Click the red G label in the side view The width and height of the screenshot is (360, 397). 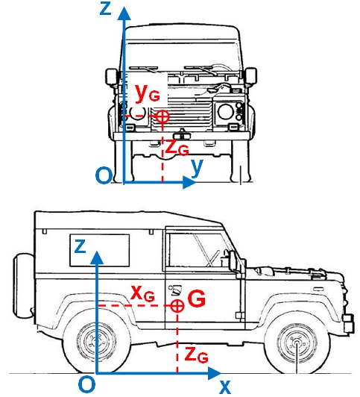click(197, 299)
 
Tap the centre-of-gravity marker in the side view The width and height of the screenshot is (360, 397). click(177, 306)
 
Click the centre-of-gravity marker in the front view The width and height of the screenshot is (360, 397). click(162, 116)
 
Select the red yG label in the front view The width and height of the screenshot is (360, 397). click(148, 93)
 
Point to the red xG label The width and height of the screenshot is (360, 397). click(142, 294)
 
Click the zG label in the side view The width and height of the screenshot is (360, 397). click(197, 355)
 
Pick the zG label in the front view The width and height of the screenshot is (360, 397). click(177, 147)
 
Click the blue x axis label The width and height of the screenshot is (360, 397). click(225, 387)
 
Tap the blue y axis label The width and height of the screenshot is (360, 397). click(198, 167)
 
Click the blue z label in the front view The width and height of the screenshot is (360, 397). click(106, 8)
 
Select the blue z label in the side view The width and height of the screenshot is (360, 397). click(80, 246)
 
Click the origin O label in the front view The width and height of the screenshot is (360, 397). click(104, 175)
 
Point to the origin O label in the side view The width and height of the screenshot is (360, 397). click(86, 384)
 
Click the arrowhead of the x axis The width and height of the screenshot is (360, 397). click(215, 373)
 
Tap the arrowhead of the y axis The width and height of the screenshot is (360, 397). click(189, 182)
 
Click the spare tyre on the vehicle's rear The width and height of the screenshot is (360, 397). click(23, 285)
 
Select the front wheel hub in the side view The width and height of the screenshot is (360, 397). click(297, 343)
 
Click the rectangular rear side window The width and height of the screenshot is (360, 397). click(100, 250)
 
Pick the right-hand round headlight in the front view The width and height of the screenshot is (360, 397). click(226, 112)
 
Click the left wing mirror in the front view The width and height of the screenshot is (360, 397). click(112, 76)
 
